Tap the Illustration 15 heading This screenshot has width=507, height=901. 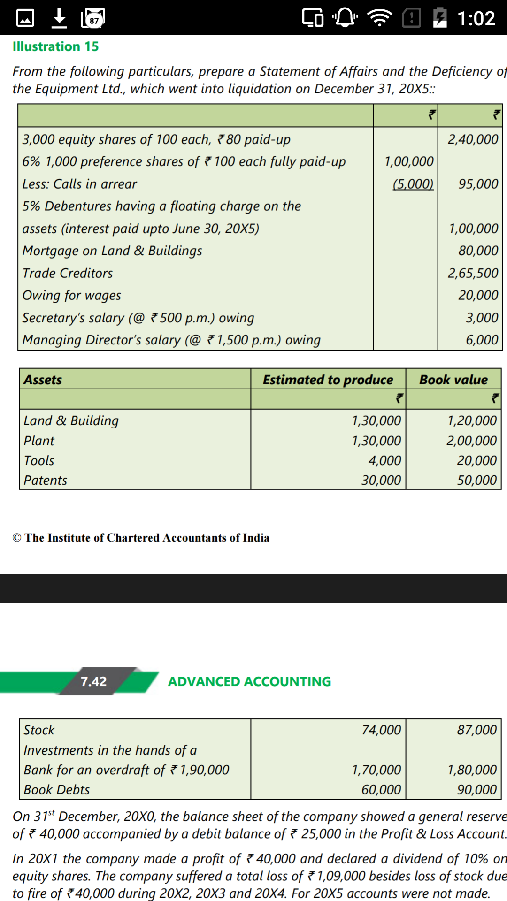(x=55, y=46)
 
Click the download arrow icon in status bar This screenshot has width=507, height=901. (x=59, y=18)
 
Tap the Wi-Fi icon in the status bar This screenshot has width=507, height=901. (x=379, y=18)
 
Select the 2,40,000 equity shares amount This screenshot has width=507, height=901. (x=473, y=139)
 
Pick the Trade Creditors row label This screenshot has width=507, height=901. (x=68, y=273)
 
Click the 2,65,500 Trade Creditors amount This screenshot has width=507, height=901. (x=473, y=273)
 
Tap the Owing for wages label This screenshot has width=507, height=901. (x=72, y=295)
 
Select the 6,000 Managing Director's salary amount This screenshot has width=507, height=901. (x=482, y=340)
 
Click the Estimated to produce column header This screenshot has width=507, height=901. (x=328, y=380)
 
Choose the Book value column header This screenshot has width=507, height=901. (x=453, y=380)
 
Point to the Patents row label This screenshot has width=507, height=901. (x=46, y=480)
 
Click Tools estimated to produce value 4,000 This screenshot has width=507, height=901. (x=384, y=460)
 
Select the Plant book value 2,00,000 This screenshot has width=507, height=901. (x=471, y=441)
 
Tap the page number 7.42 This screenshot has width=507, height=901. (x=93, y=681)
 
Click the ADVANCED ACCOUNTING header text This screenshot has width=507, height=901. (x=249, y=681)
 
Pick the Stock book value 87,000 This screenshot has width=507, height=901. (x=476, y=730)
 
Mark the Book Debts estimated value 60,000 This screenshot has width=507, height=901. (x=381, y=790)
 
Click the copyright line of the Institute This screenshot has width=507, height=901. (x=141, y=538)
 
